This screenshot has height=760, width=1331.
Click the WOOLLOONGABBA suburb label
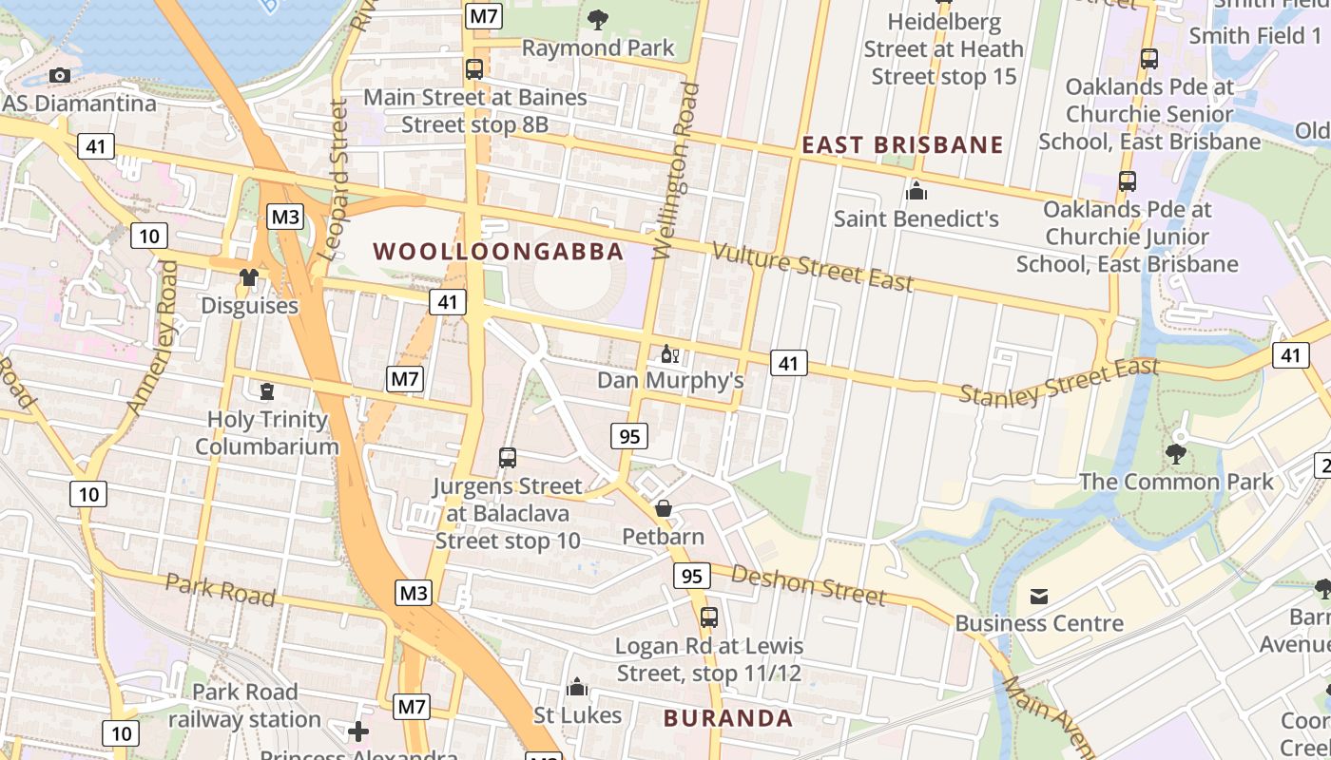pos(498,252)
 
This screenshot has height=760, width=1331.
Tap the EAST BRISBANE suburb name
pos(902,144)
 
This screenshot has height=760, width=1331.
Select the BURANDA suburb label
pos(728,718)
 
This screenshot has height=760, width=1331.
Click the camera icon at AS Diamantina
pos(60,76)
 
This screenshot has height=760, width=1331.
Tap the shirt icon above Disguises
pos(249,277)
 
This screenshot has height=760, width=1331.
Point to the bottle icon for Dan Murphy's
pos(669,353)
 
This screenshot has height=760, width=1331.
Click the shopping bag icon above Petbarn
pos(664,508)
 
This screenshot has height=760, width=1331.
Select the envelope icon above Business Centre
pos(1039,596)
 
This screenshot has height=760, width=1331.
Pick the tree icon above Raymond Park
pos(598,19)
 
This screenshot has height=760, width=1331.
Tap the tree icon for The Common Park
pos(1176,453)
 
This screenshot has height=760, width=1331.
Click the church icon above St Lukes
pos(576,687)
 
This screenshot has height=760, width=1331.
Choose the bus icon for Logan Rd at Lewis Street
pos(709,617)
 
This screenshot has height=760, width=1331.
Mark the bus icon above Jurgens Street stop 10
pos(508,458)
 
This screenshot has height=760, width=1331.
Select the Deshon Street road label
pos(808,584)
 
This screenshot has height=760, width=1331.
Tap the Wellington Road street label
pos(676,171)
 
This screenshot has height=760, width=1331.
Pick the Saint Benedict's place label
pos(916,218)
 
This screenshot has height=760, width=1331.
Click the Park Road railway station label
pos(245,705)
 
